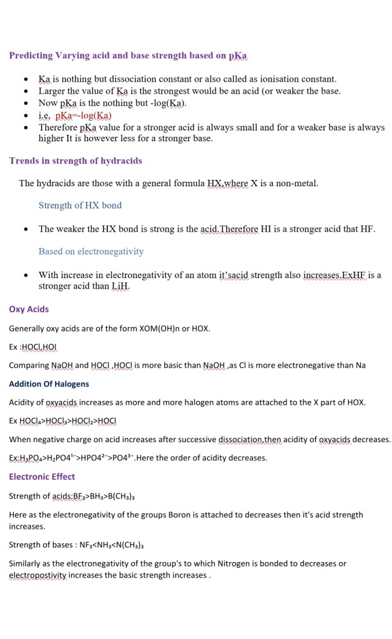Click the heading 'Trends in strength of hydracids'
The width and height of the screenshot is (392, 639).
pos(76,161)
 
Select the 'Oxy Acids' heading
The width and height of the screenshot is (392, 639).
pos(29,309)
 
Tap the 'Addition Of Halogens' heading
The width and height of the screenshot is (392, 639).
pos(49,384)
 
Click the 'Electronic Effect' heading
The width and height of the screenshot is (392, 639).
pos(42,477)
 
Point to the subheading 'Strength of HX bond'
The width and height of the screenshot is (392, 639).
pos(80,206)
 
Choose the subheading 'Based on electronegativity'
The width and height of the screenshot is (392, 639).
pos(91,251)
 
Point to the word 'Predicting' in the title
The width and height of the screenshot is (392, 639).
pos(31,56)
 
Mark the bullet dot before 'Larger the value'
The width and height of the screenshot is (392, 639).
pos(26,92)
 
